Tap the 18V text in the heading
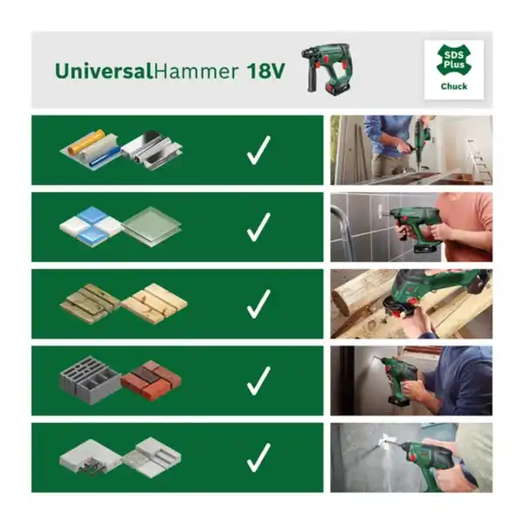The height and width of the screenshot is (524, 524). tap(265, 71)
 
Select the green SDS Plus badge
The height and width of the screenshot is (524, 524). tap(453, 61)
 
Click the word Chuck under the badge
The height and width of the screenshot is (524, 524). tap(453, 86)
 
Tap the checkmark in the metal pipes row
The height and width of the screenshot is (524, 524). tap(258, 151)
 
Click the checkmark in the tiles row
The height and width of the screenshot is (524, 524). tap(258, 228)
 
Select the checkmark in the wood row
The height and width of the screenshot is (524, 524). tap(258, 304)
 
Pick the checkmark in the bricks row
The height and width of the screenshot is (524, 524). tap(258, 380)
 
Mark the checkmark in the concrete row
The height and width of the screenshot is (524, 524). tap(258, 457)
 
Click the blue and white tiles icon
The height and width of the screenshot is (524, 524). tap(91, 226)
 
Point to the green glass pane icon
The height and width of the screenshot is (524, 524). tap(151, 225)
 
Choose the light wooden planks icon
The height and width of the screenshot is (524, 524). tap(155, 303)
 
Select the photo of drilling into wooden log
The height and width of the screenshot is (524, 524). tap(410, 304)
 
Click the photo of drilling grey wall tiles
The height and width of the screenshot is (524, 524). tap(410, 227)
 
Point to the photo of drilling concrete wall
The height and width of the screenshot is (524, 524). tap(410, 457)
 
